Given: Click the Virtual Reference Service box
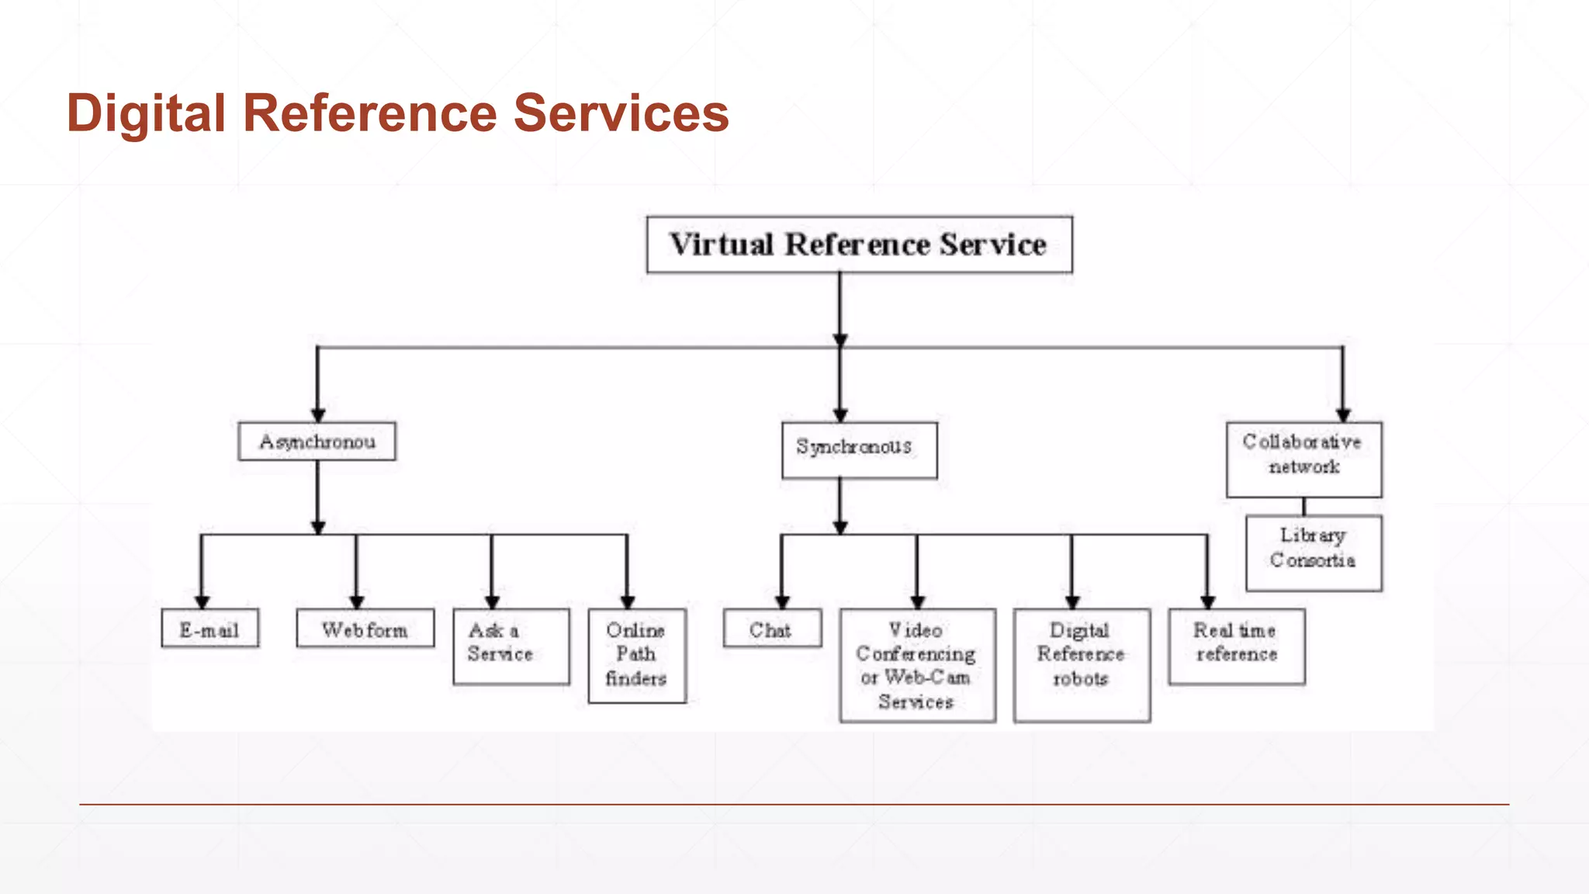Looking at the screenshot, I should (859, 244).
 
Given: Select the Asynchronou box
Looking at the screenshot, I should (317, 442).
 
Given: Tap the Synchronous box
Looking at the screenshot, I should (859, 450).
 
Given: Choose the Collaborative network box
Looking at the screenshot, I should (1303, 459).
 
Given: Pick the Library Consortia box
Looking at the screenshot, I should (1314, 553).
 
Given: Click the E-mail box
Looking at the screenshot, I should (209, 628).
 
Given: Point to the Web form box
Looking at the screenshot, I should (365, 628).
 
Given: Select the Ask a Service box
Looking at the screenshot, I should (511, 646).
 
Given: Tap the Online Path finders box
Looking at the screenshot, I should (637, 656).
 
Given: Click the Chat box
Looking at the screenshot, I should (772, 628).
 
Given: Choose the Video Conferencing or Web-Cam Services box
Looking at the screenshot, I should (917, 665).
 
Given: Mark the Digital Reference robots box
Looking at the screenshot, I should (1082, 665).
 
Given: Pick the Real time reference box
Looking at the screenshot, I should (1237, 646).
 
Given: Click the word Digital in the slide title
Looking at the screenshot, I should (146, 113).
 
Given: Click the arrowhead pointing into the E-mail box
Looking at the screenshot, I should (202, 602).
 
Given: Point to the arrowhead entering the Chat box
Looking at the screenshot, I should (782, 602).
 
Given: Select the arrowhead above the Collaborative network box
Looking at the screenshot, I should (1343, 415).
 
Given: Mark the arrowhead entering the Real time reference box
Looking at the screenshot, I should (1207, 602).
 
